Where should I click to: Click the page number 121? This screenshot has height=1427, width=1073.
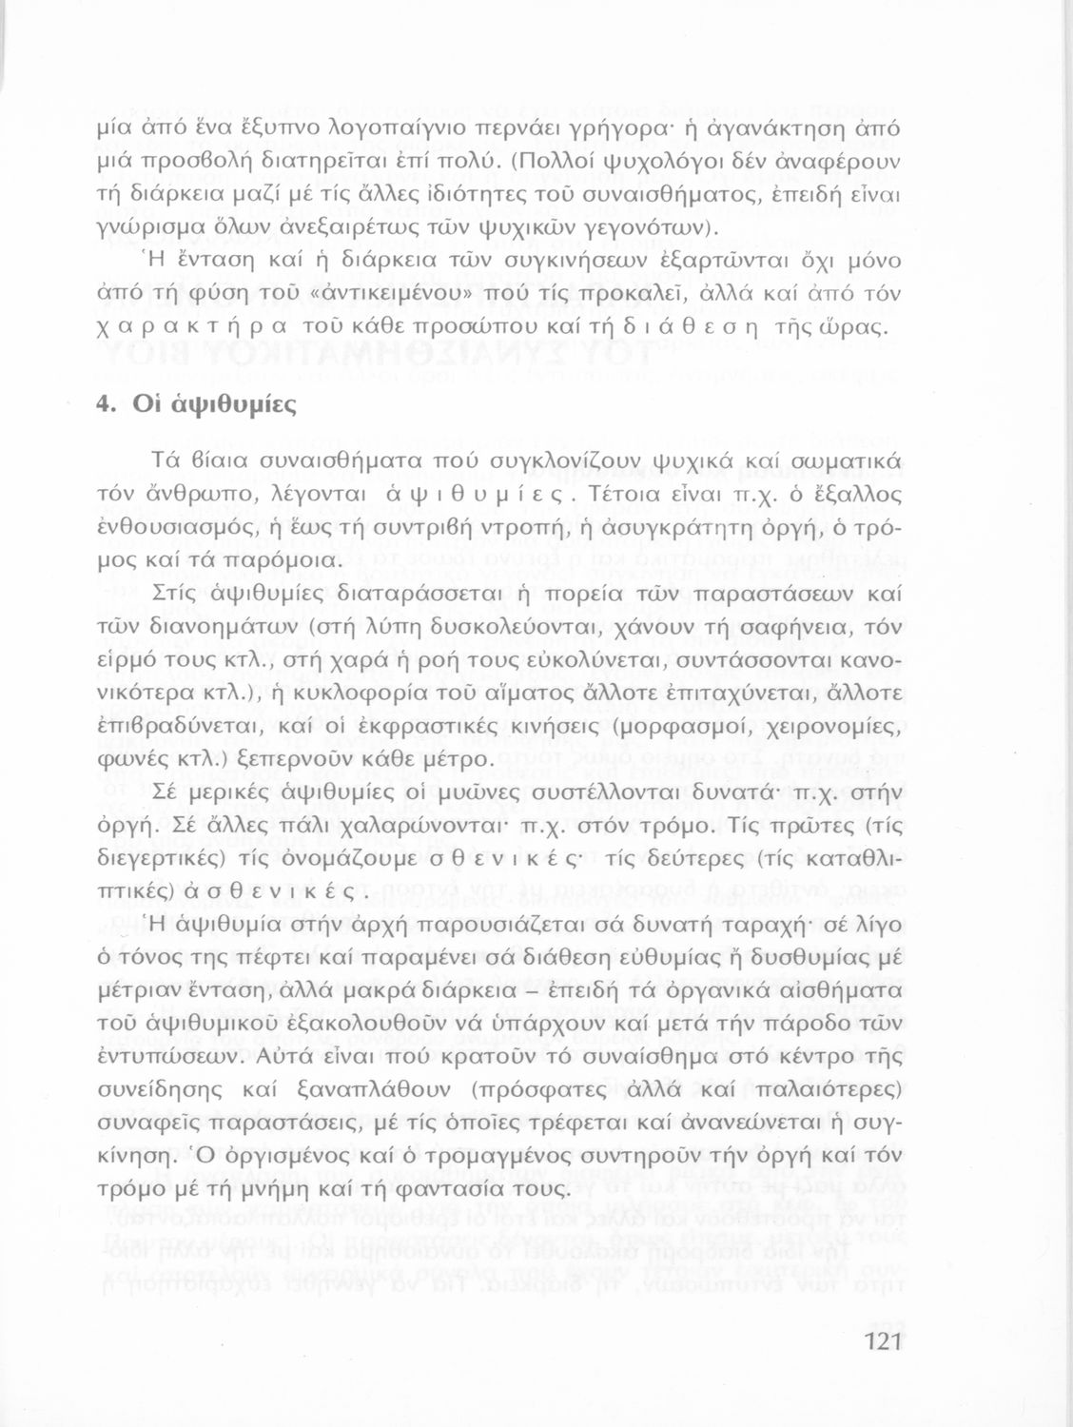coord(883,1343)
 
